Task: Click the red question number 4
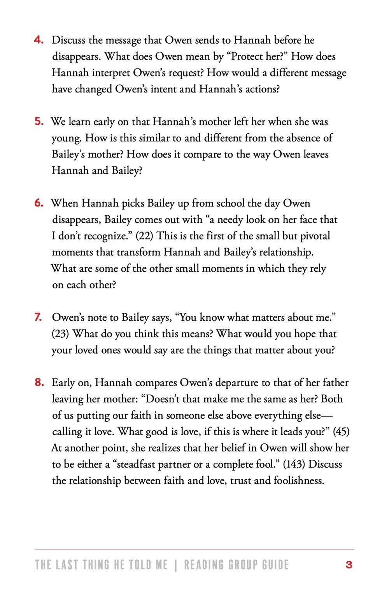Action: [39, 40]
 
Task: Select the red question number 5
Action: [39, 122]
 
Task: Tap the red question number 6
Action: [39, 203]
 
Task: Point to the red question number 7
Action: [38, 318]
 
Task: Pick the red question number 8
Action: [39, 383]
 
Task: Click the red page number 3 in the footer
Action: [349, 565]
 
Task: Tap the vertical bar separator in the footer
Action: [176, 565]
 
